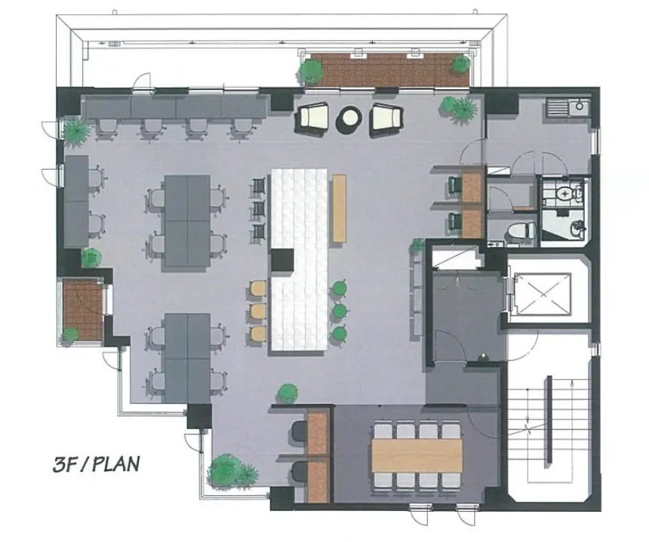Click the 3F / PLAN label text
coord(96,464)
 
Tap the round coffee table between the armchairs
coord(349,120)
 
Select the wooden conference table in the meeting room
coord(417,455)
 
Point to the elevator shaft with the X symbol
coord(542,294)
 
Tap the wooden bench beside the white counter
coord(340,208)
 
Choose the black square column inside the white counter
coord(283,260)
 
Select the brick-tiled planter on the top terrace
coord(390,69)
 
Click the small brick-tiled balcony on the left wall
coord(83,309)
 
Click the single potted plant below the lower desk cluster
coord(288,393)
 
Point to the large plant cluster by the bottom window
coord(232,471)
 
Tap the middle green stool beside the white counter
coord(340,310)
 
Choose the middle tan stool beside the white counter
coord(258,310)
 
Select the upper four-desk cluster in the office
coord(187,221)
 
